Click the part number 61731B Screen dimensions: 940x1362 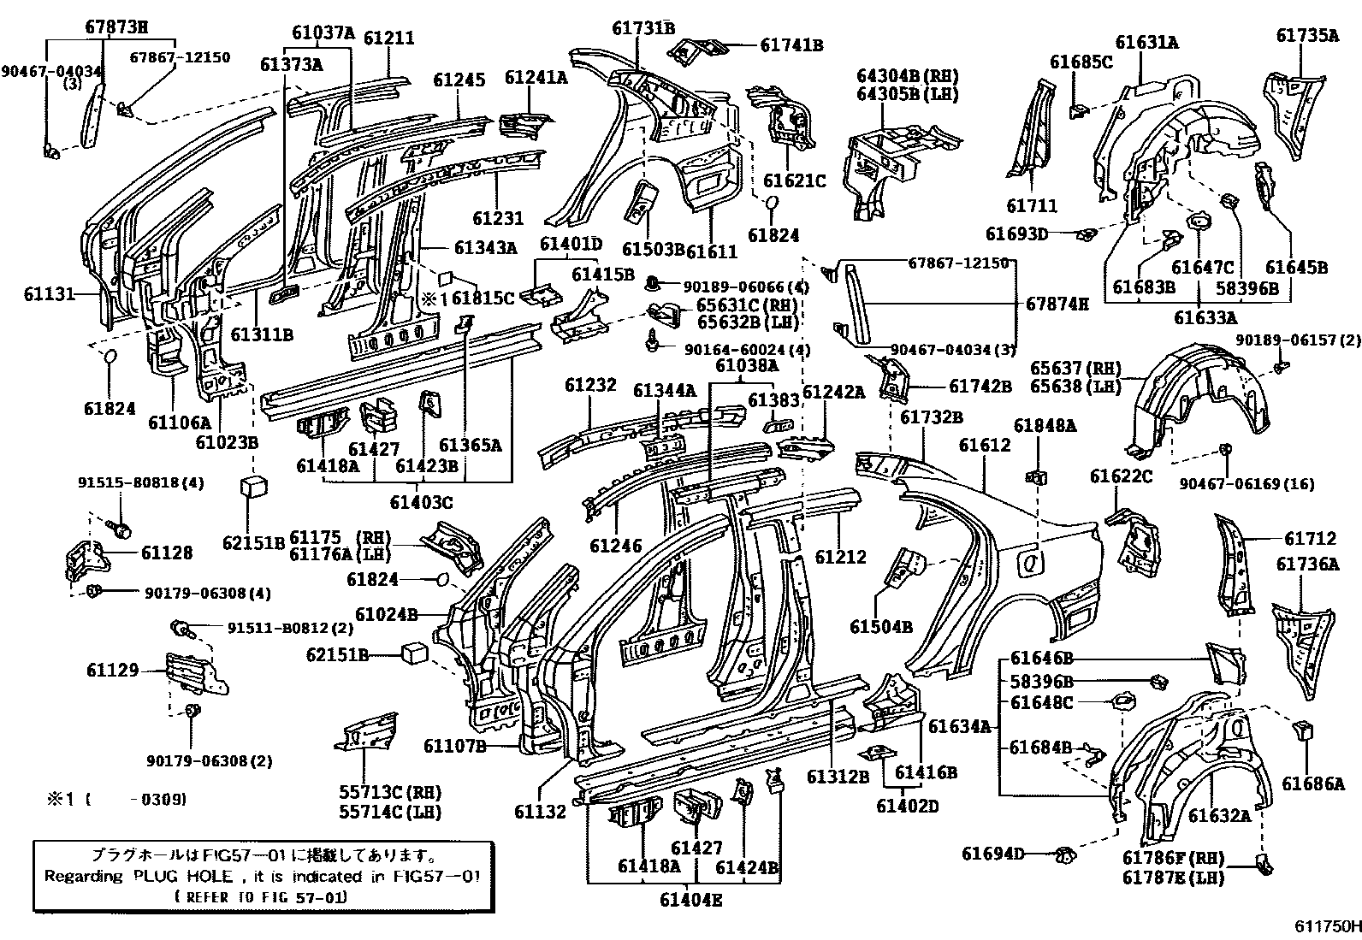(x=643, y=28)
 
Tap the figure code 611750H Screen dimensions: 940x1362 (x=1326, y=926)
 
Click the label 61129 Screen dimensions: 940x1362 (x=112, y=670)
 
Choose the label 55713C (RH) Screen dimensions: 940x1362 (x=389, y=793)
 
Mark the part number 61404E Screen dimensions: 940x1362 (x=691, y=899)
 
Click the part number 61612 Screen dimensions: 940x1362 (x=985, y=446)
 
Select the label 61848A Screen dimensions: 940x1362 (x=1045, y=425)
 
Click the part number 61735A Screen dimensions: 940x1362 (x=1307, y=35)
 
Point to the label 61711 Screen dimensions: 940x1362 (x=1032, y=206)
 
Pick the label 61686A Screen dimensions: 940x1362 (x=1312, y=783)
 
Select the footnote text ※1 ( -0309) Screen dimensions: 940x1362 (x=115, y=799)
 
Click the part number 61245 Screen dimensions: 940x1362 (x=459, y=80)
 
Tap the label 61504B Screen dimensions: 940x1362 (x=881, y=627)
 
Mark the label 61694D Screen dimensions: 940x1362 (x=992, y=853)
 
